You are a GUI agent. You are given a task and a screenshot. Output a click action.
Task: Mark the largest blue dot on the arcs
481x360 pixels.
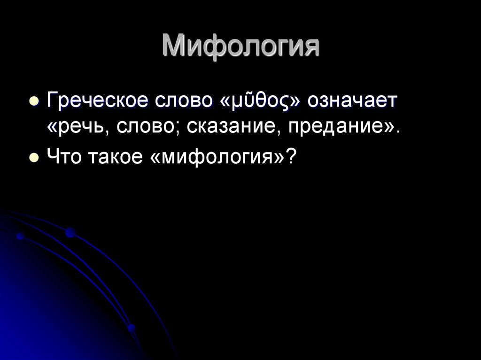[x=70, y=232]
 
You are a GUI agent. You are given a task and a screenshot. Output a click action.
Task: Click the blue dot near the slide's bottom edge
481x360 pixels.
[x=132, y=328]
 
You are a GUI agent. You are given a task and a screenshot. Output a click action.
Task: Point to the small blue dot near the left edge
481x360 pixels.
[x=20, y=236]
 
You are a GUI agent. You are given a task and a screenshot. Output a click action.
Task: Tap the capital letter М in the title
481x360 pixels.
[x=174, y=47]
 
